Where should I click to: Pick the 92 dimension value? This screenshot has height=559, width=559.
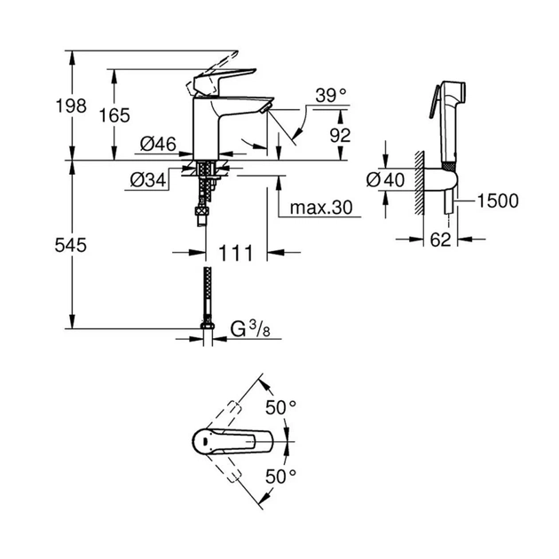click(340, 135)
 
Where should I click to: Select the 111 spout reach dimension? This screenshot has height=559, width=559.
click(237, 253)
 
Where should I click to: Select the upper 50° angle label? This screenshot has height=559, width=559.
click(281, 408)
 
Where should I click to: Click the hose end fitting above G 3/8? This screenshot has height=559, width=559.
click(207, 332)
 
